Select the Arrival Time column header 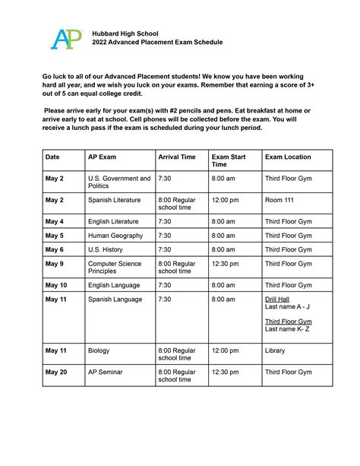[177, 157]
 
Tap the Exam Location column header [288, 157]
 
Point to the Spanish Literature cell [115, 201]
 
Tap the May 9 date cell [55, 264]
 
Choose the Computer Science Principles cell [115, 268]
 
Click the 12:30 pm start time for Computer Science [226, 264]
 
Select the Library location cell [275, 350]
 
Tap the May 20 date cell [57, 372]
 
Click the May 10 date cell [57, 285]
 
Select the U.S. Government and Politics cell [118, 182]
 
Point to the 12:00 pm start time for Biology [226, 350]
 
